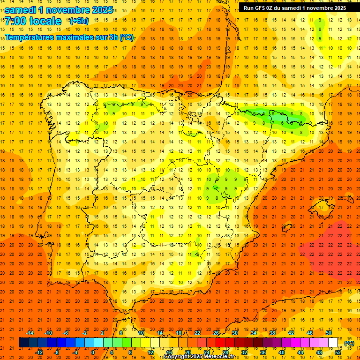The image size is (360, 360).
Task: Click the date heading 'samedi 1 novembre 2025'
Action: [x=59, y=10]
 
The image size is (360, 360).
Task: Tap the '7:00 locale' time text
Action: [x=33, y=21]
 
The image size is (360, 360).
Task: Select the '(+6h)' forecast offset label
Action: [x=79, y=21]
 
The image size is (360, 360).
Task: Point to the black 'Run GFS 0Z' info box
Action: [x=292, y=7]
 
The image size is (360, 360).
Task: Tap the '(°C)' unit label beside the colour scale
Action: [x=349, y=343]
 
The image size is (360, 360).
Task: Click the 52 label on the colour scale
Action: [x=338, y=352]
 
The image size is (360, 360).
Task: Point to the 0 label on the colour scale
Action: [x=93, y=352]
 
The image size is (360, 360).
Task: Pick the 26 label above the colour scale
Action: [x=216, y=333]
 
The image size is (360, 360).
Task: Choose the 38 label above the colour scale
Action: [x=272, y=333]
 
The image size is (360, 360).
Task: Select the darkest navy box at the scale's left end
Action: [x=23, y=343]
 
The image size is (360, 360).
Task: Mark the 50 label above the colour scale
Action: [x=329, y=333]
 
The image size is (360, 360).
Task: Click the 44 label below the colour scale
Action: [x=300, y=352]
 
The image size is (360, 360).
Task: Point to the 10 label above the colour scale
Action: [x=141, y=333]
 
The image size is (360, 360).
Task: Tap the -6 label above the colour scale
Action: [x=66, y=333]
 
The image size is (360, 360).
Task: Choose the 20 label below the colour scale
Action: [x=188, y=352]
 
